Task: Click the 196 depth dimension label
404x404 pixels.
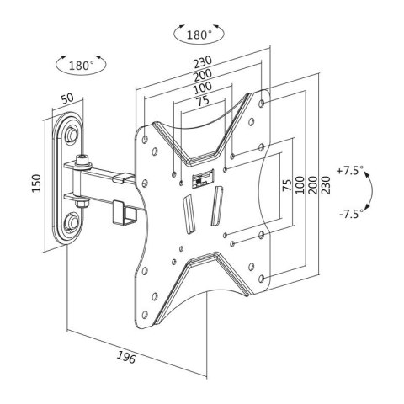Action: coord(126,357)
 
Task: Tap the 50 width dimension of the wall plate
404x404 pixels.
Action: coord(67,98)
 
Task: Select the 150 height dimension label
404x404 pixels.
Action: coord(36,183)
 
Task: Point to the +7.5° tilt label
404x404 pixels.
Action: coord(350,171)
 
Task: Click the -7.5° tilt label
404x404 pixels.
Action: coord(349,215)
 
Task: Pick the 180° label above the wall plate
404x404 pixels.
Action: coord(81,66)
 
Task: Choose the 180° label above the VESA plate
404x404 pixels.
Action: coord(199,35)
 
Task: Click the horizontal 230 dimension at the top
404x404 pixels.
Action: coord(203,62)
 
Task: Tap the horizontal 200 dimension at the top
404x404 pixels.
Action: coord(203,75)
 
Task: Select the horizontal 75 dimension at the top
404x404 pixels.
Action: coord(203,101)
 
